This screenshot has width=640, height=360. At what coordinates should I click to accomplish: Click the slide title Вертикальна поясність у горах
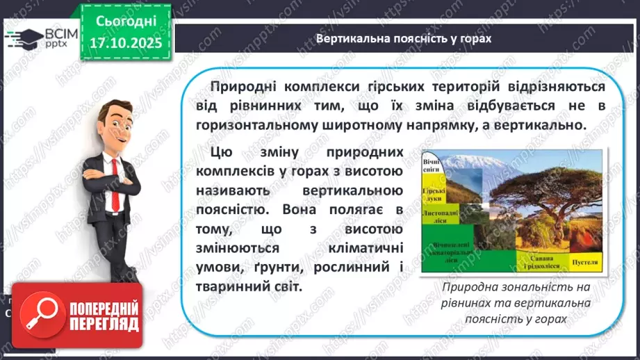tap(404, 39)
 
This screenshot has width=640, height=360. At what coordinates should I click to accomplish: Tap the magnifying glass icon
tap(41, 316)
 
